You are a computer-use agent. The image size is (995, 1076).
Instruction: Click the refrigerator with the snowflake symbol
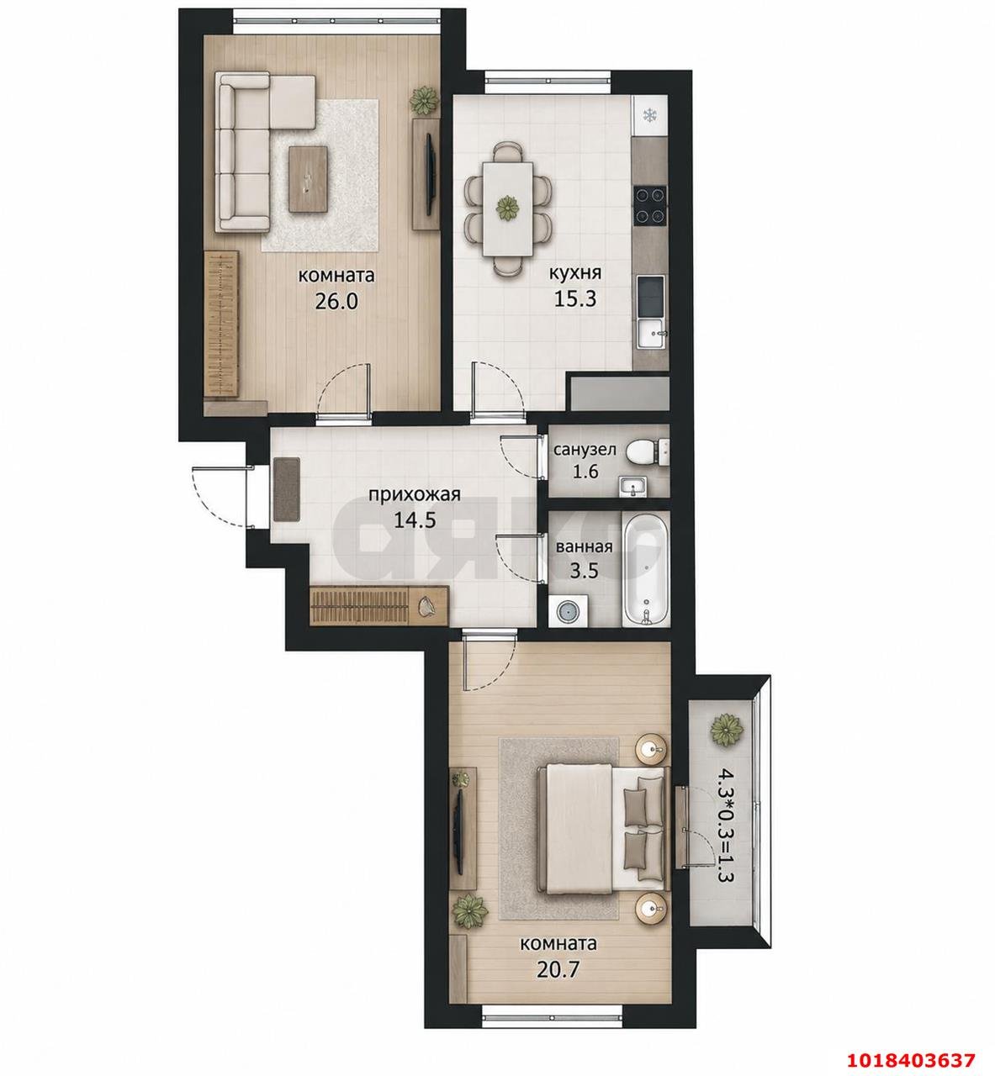click(x=648, y=115)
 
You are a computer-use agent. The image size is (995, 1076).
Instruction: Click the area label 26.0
click(x=336, y=301)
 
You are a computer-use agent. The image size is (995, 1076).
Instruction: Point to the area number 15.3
click(x=574, y=298)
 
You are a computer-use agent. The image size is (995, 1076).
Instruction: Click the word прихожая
click(x=415, y=494)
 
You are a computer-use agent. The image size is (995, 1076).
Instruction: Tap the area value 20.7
click(x=558, y=968)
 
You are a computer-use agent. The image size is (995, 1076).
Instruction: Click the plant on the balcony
click(x=728, y=731)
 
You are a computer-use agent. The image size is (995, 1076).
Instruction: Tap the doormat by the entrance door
click(x=287, y=489)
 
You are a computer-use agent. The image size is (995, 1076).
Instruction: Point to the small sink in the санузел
click(x=632, y=486)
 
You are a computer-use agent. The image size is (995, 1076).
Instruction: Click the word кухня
click(x=575, y=272)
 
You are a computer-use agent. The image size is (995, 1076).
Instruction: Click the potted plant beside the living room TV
click(x=425, y=100)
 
